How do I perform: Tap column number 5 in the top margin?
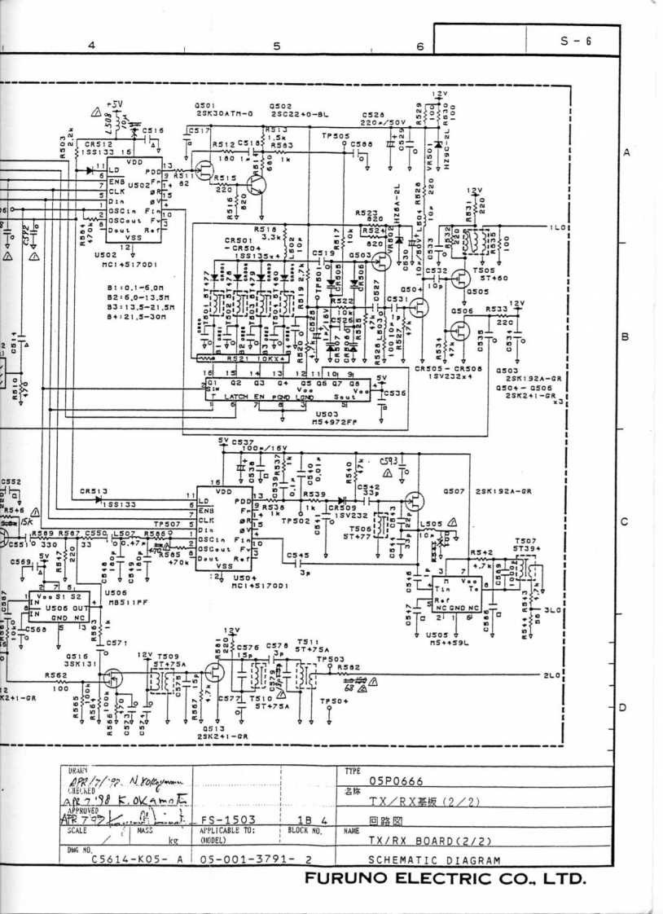pyautogui.click(x=276, y=46)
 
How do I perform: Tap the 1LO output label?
pyautogui.click(x=558, y=227)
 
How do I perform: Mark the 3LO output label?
pyautogui.click(x=553, y=610)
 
